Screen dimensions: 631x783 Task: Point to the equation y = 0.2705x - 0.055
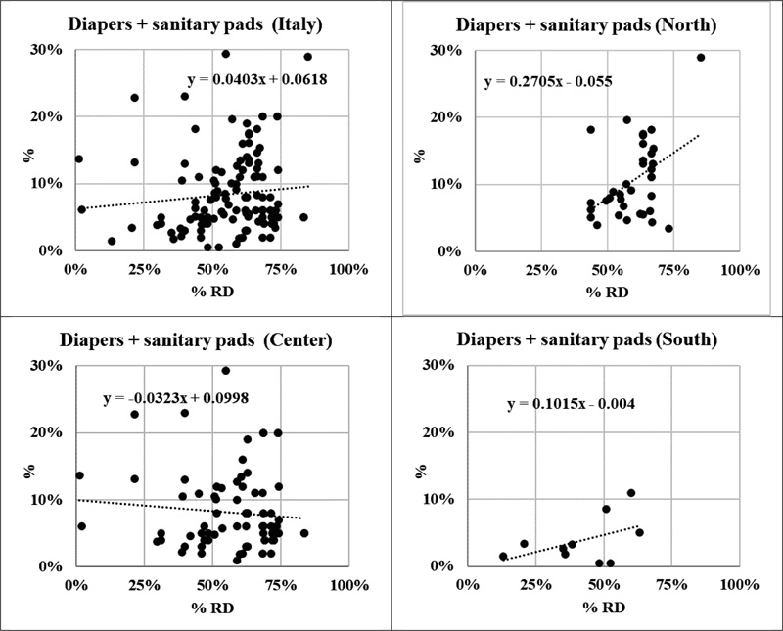click(548, 82)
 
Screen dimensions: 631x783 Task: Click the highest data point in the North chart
click(701, 57)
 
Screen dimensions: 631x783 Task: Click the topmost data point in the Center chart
click(226, 371)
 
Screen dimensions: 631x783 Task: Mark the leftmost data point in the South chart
click(503, 556)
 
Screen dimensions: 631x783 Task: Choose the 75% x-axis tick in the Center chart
click(283, 585)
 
